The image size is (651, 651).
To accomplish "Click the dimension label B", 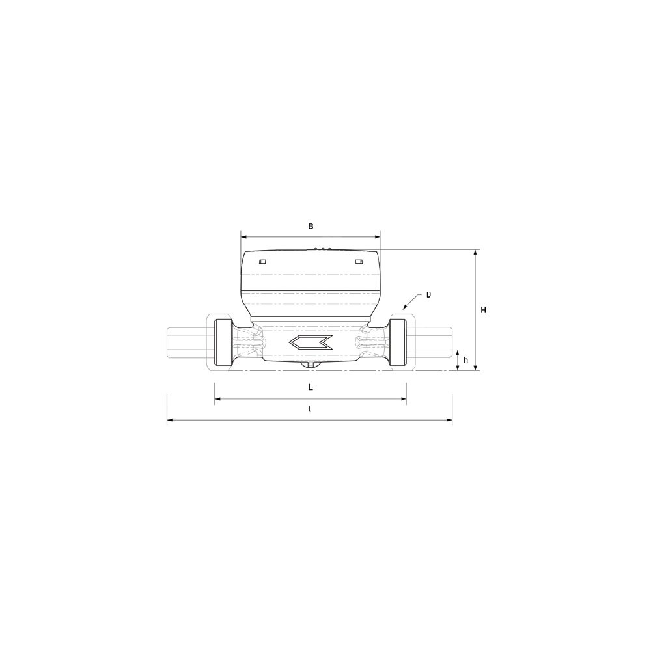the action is [311, 227].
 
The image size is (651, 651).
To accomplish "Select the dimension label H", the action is [483, 310].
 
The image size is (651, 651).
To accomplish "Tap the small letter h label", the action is [466, 360].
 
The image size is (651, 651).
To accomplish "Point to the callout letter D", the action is [429, 295].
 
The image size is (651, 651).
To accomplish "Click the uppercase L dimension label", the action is [310, 387].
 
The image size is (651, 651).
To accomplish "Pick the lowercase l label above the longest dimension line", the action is [309, 409].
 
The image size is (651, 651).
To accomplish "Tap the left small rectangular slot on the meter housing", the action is [262, 262].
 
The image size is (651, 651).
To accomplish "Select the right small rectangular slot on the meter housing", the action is [359, 262].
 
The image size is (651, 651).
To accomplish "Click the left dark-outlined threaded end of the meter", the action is [223, 342].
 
